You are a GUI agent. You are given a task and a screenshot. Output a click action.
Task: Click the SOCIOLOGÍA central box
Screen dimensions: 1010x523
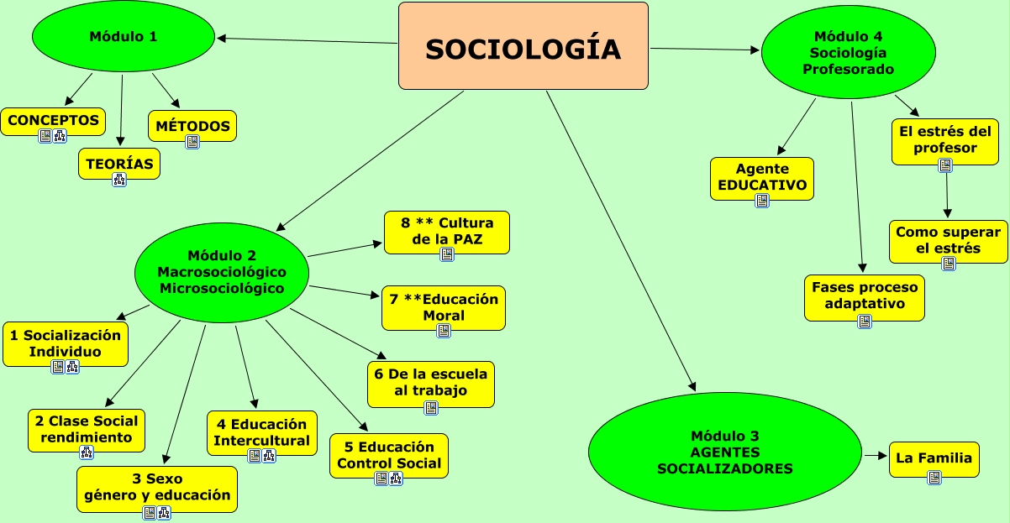(x=523, y=46)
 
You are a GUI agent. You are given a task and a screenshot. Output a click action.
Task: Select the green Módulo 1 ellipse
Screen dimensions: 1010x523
(x=124, y=37)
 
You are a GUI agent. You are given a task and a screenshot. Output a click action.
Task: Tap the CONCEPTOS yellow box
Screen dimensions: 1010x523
(x=53, y=121)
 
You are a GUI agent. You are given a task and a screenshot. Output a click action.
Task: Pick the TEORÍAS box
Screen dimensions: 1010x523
(x=119, y=164)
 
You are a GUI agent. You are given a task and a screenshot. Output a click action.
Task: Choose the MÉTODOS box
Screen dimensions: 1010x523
(x=192, y=127)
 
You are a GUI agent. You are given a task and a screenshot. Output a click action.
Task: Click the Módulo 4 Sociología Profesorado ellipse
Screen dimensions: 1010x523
(x=848, y=52)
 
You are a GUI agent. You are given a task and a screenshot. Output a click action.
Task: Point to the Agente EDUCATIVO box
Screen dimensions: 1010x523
(x=762, y=177)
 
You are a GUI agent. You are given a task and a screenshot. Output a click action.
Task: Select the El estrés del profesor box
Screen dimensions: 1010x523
(x=945, y=139)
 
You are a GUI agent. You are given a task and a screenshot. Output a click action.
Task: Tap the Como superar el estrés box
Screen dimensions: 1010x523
(x=948, y=240)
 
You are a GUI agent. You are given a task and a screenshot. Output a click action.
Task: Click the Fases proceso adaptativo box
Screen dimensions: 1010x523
(x=864, y=295)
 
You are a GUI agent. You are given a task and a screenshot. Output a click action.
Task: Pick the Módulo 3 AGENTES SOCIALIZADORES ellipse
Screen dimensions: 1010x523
(x=724, y=452)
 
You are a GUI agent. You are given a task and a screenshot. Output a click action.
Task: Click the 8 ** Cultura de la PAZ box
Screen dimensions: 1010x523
(x=447, y=231)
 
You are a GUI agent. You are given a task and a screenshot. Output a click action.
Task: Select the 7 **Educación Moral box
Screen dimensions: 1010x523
(x=444, y=307)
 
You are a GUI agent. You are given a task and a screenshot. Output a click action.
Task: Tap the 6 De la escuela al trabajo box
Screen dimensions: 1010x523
(x=431, y=383)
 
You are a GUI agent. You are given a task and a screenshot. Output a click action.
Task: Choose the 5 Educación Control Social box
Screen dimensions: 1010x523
(x=388, y=455)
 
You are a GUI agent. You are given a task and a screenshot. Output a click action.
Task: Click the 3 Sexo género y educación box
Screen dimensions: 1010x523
(x=157, y=488)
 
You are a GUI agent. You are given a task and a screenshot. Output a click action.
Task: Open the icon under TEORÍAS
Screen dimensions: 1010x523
(x=119, y=179)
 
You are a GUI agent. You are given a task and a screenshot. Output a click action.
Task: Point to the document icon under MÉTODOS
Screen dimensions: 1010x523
(x=192, y=142)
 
